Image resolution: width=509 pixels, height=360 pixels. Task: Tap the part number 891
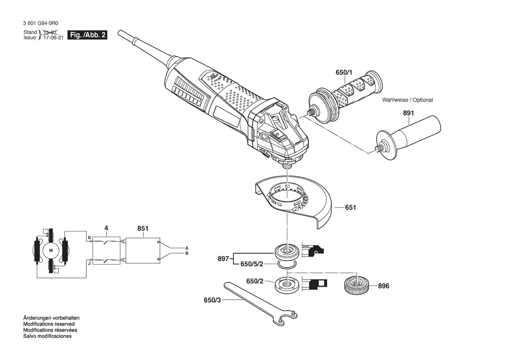tap(408, 113)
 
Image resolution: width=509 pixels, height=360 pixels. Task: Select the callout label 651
tap(351, 207)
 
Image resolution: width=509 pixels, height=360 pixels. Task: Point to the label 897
tap(223, 259)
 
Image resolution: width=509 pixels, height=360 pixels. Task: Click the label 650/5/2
tap(252, 265)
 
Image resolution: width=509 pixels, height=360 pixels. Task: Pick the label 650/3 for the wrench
tap(212, 300)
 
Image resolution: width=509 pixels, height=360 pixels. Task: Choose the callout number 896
tap(383, 286)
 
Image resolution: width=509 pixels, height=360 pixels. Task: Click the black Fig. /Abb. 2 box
tap(87, 35)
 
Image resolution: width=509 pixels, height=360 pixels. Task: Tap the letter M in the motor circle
tap(51, 250)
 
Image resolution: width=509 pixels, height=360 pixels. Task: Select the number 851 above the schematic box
tap(142, 229)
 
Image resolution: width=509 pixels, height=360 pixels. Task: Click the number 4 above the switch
tap(106, 228)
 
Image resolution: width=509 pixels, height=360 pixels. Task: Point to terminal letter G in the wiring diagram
tap(89, 238)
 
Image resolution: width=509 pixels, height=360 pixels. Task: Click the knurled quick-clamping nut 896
tap(357, 285)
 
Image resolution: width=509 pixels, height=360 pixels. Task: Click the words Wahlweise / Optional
tap(408, 100)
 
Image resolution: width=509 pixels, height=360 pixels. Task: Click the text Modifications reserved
tap(49, 324)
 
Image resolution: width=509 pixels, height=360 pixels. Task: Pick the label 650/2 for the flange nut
tap(255, 282)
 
